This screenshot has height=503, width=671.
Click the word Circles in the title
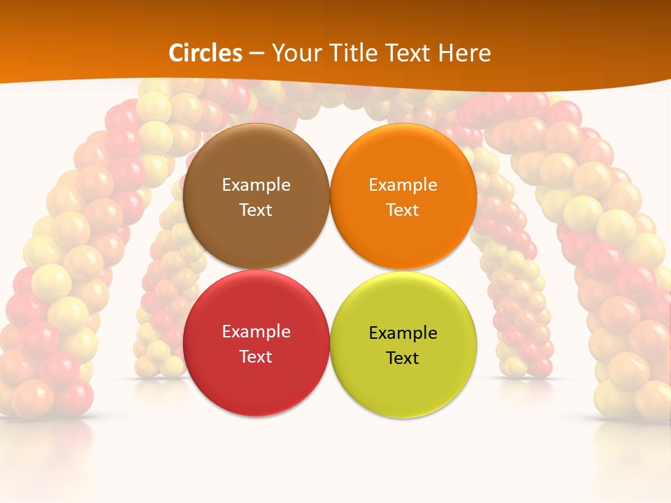(x=205, y=53)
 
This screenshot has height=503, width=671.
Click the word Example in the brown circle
(x=256, y=184)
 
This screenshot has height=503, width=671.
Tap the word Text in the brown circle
(x=256, y=210)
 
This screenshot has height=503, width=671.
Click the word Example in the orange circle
(x=403, y=184)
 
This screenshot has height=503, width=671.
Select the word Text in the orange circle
(x=403, y=210)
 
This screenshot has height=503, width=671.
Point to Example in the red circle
(x=256, y=332)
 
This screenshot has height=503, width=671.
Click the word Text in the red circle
(x=256, y=356)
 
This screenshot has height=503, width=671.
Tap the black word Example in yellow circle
(x=403, y=333)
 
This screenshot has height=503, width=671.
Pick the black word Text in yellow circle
(x=403, y=358)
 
